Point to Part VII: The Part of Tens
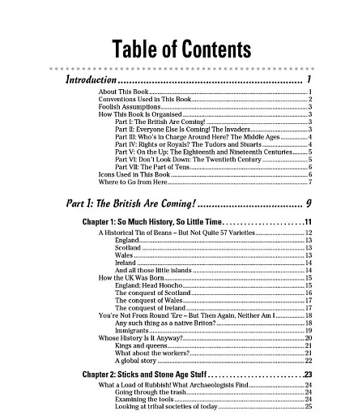click(154, 167)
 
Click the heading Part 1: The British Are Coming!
click(128, 203)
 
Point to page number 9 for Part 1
click(309, 203)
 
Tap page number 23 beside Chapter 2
click(308, 374)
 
